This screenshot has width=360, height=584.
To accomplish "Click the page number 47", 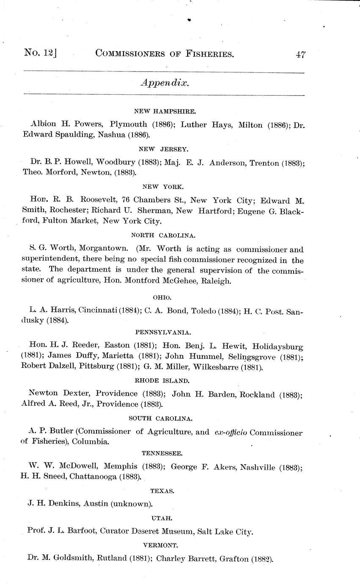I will (x=301, y=55).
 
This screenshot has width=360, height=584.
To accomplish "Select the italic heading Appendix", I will (x=164, y=83).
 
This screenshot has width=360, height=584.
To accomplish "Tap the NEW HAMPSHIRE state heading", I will (x=165, y=111).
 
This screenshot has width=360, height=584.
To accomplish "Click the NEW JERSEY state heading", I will (x=164, y=149).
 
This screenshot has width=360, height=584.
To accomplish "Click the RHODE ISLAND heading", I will (x=162, y=380).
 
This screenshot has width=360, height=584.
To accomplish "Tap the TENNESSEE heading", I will (x=162, y=453).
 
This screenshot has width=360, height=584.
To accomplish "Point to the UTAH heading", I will (x=162, y=518).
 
